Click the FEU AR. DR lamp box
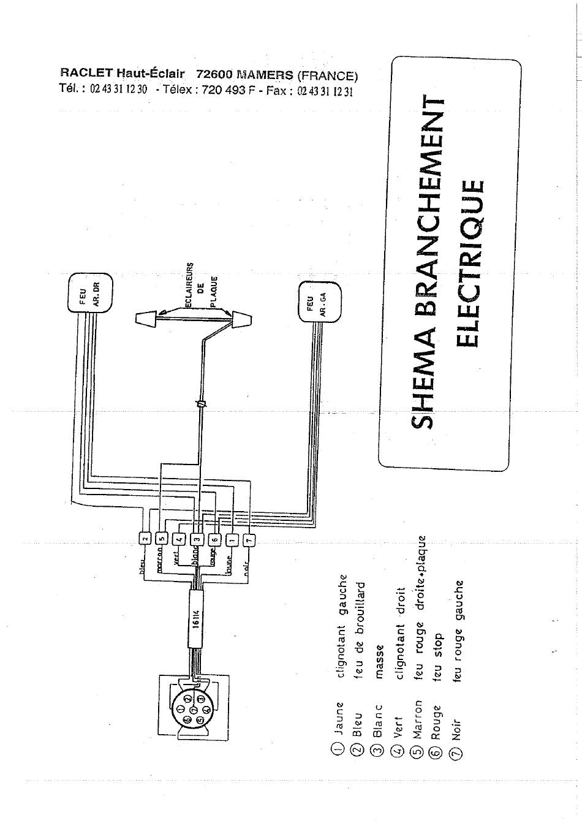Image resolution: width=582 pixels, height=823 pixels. (89, 292)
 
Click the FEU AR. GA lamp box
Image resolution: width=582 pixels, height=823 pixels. (319, 302)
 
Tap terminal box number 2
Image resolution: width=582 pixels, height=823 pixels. (145, 539)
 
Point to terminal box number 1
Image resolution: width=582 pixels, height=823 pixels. (232, 540)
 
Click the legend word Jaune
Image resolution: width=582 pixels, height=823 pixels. (339, 718)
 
